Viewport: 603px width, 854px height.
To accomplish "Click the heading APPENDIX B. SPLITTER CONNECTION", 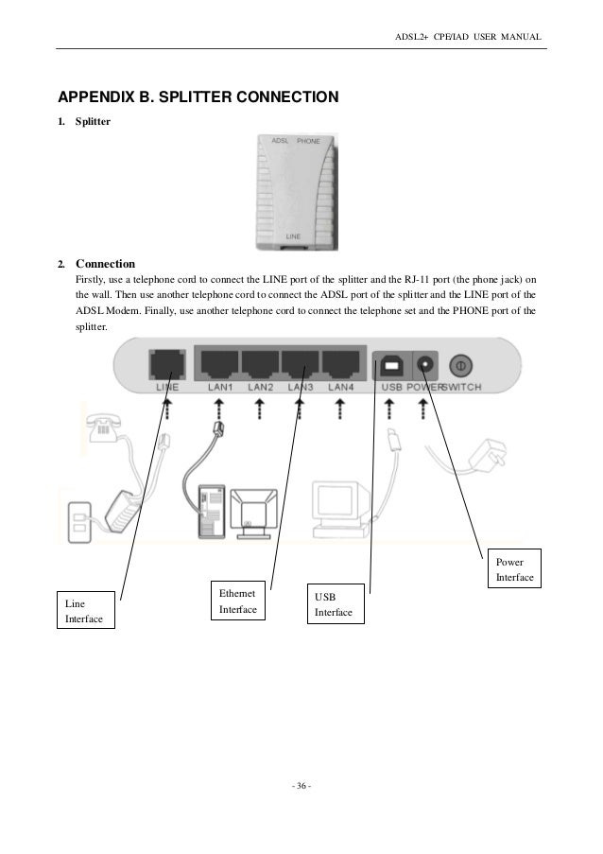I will point(198,97).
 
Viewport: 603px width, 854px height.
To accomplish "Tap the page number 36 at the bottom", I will point(301,787).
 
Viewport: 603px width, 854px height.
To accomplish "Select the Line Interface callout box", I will point(84,610).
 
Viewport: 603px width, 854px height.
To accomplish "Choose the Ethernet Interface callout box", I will point(238,601).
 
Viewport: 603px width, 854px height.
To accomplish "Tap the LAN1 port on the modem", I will point(219,363).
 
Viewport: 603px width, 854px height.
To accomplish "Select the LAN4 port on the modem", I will point(341,363).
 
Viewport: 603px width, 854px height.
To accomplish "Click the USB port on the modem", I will point(390,364).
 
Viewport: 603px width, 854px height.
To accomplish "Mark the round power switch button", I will point(460,363).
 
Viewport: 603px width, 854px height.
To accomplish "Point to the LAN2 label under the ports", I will point(261,388).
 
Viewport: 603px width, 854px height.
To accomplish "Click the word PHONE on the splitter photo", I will point(308,141).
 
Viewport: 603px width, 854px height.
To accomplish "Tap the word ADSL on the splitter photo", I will point(280,141).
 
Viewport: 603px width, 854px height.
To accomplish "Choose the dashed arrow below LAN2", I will point(260,408).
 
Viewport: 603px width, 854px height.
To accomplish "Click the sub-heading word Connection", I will point(105,263).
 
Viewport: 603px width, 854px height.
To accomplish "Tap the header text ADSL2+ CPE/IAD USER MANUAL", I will point(467,37).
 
